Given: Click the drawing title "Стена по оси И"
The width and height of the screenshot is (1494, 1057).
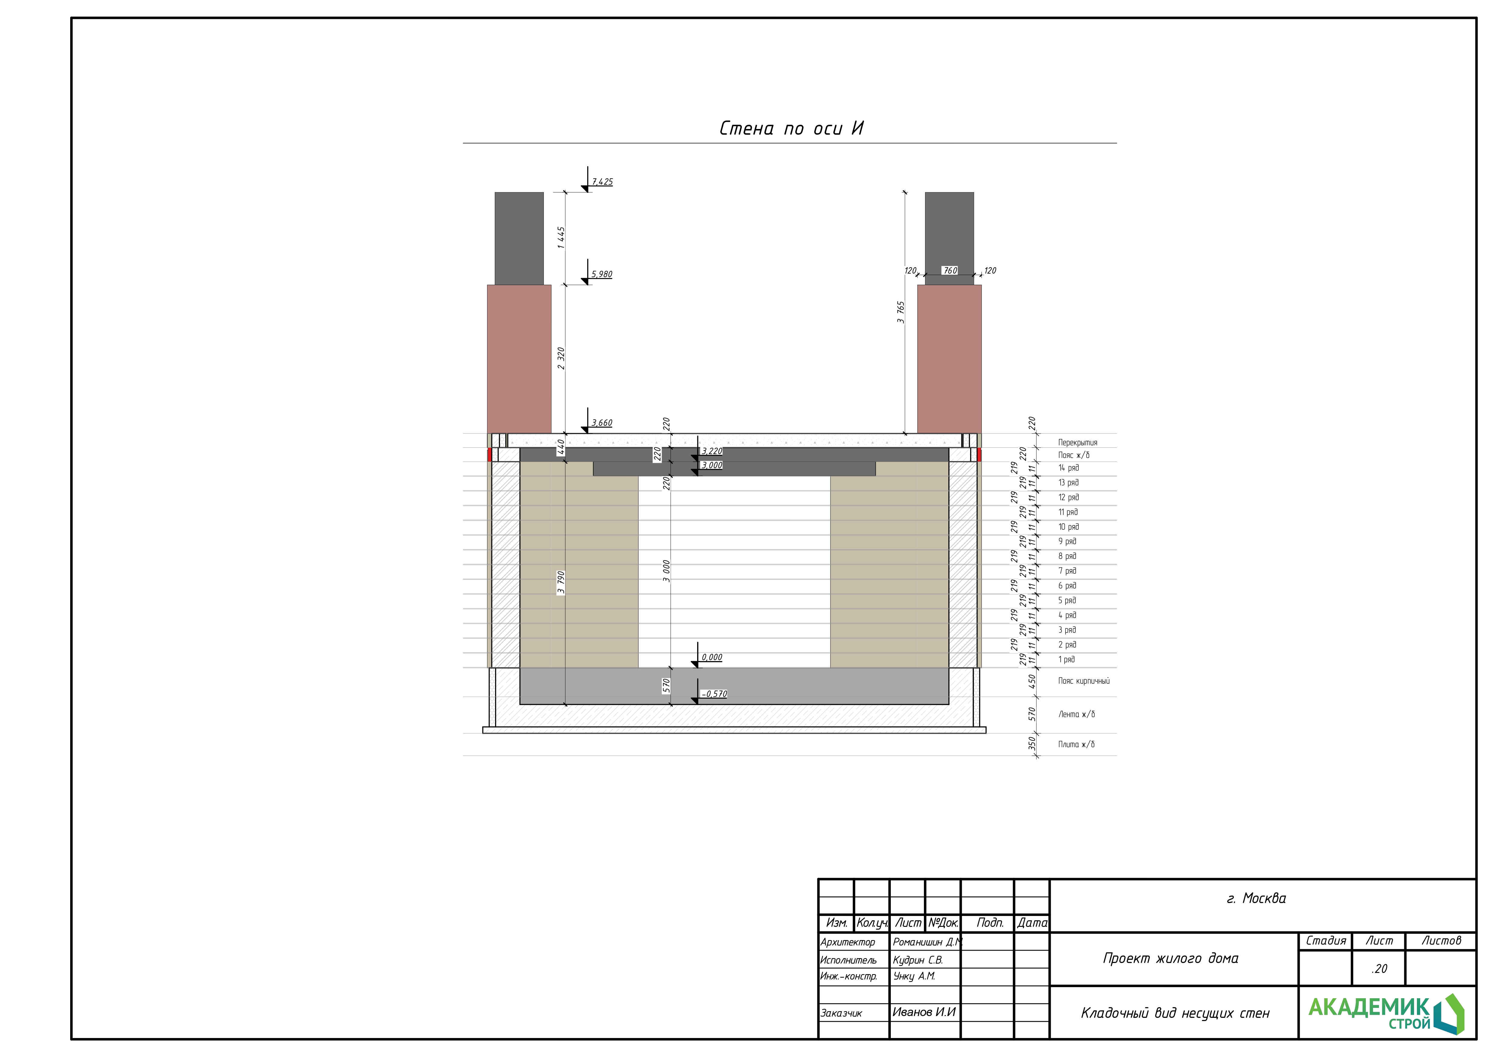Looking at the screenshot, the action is [791, 128].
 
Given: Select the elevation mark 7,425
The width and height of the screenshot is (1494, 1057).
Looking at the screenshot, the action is [602, 182].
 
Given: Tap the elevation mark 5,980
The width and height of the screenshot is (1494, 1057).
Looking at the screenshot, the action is [602, 274].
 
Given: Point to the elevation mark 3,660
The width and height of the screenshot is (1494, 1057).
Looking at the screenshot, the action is [602, 422].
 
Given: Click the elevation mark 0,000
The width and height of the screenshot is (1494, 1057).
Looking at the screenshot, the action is [712, 657].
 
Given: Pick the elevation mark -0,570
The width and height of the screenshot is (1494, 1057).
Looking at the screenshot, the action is [714, 694].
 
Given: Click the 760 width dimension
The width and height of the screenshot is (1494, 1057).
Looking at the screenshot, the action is [950, 270].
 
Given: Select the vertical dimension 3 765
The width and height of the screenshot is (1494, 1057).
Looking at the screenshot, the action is [900, 312].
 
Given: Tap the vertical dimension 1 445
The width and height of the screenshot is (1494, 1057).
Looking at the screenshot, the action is [561, 237].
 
